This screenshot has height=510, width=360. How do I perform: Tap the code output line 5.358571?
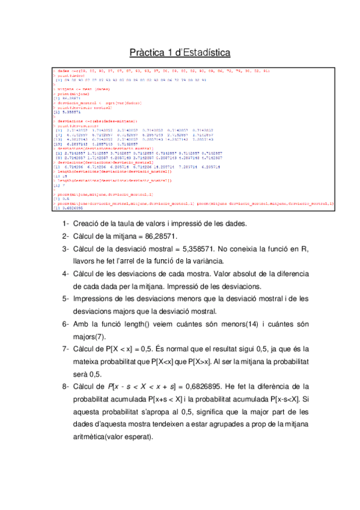[x=65, y=112]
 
